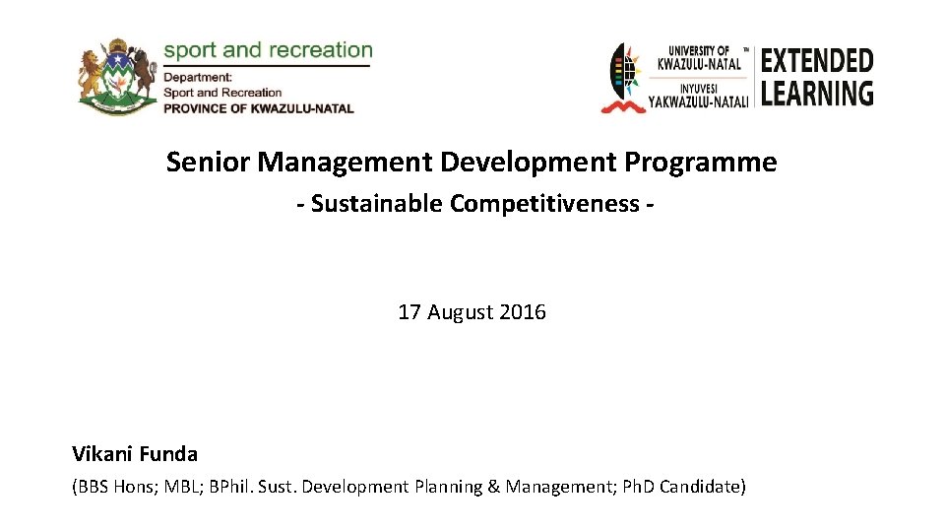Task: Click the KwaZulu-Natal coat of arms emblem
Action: point(117,78)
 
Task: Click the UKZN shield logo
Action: point(624,78)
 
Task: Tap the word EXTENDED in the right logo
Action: point(816,61)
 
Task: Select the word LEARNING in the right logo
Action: point(816,94)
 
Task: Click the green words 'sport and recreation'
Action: point(268,50)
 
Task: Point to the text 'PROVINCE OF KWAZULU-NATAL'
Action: point(258,108)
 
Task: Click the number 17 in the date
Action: point(409,312)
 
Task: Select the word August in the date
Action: point(460,312)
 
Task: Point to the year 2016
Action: point(523,312)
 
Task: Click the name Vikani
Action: point(101,454)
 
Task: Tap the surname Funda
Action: point(169,454)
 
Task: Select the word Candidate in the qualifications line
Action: point(702,487)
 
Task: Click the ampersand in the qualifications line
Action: point(493,487)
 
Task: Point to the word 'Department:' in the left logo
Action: point(198,77)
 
